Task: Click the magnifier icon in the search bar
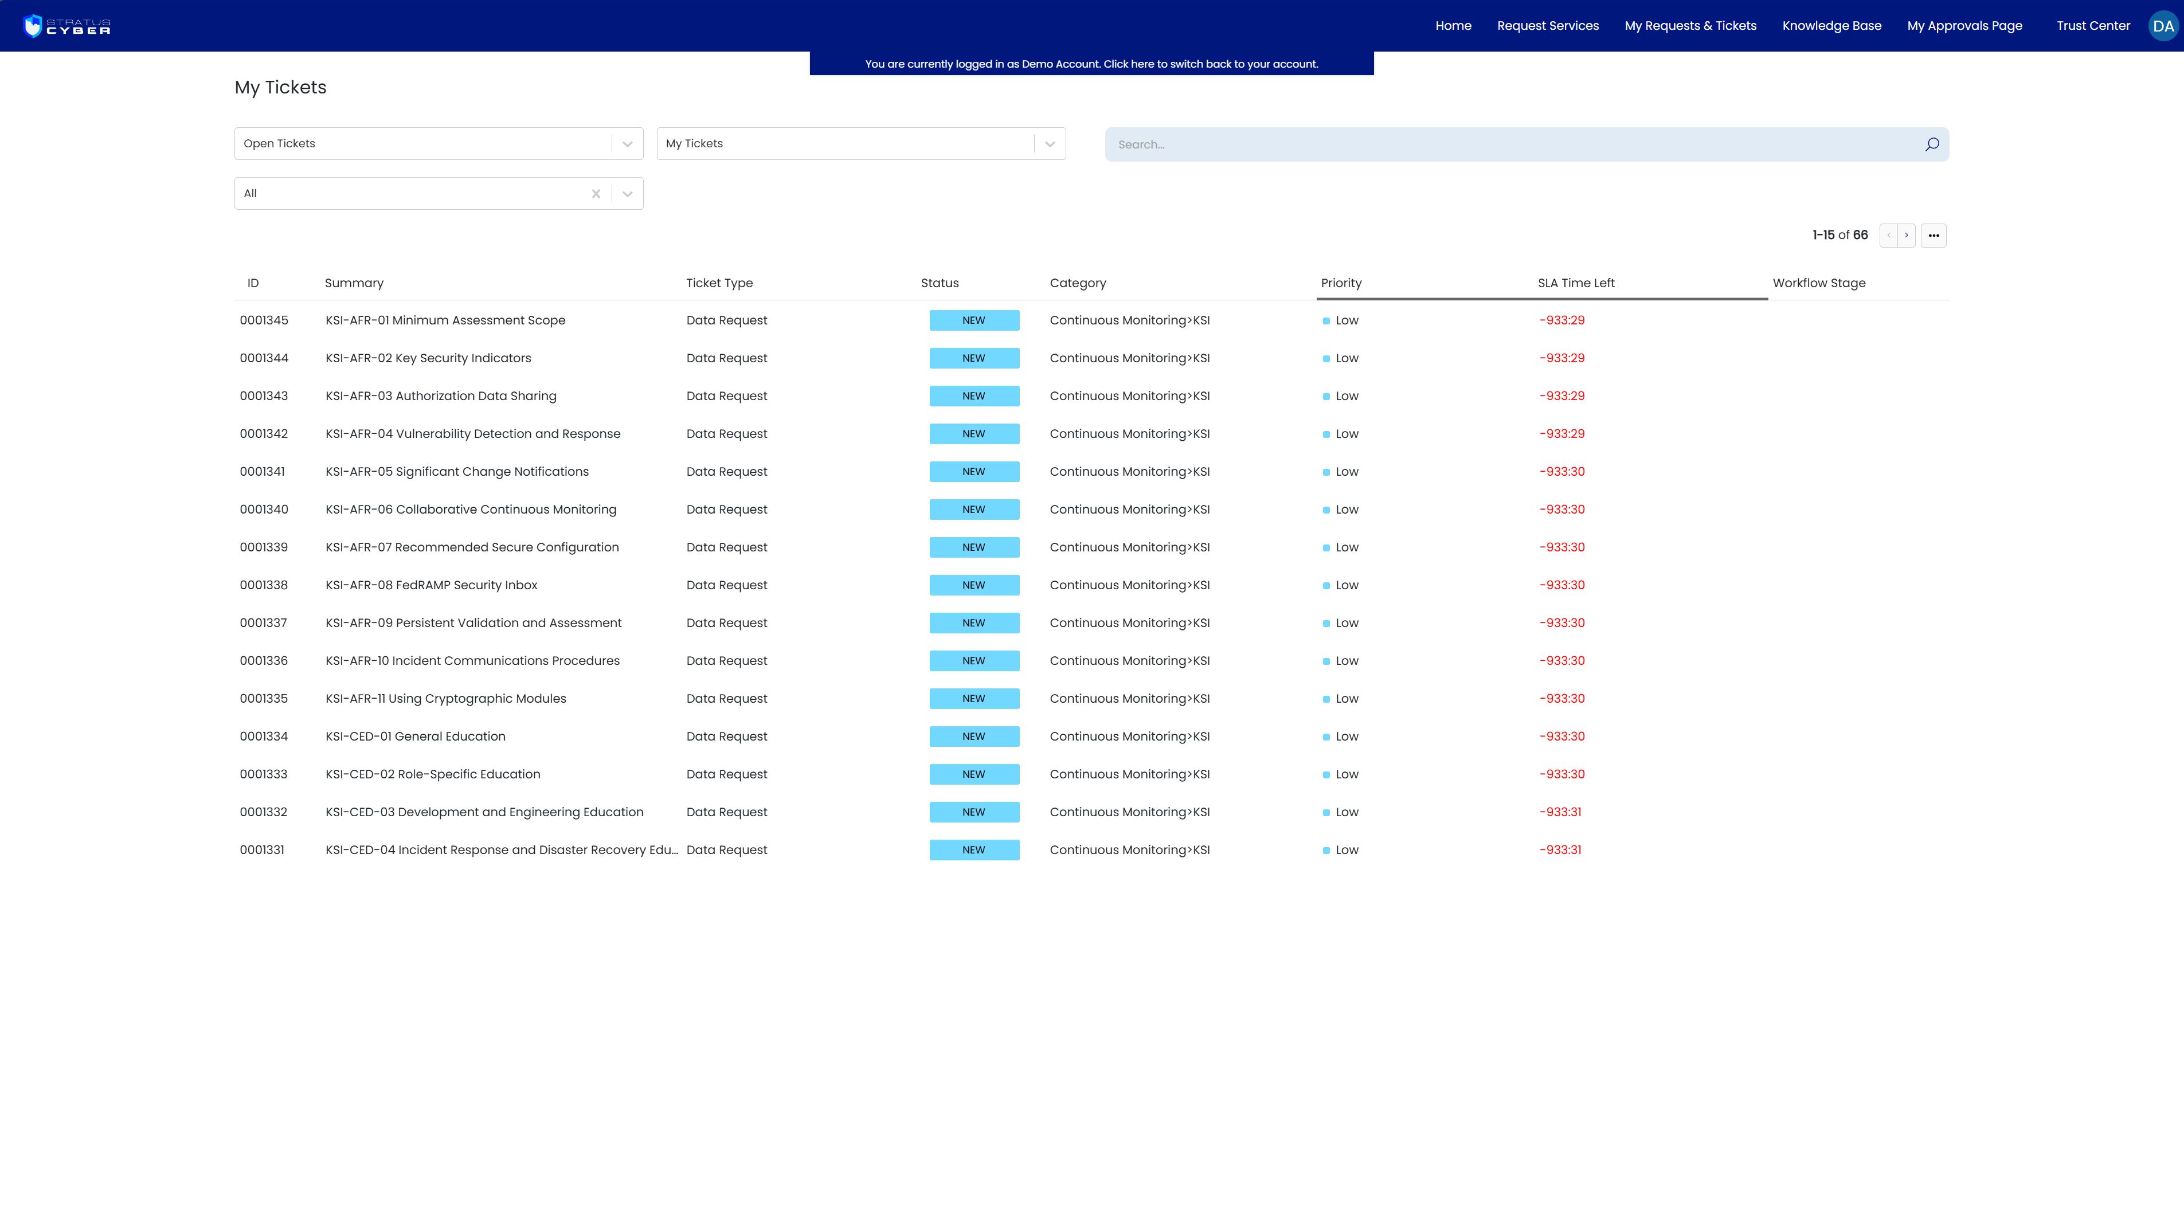pos(1931,145)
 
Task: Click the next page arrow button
pos(1906,236)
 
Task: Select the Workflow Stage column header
pos(1819,283)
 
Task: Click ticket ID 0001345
pos(264,320)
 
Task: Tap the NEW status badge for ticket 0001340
pos(974,510)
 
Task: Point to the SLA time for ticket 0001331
pos(1560,849)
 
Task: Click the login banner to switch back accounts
pos(1091,64)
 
